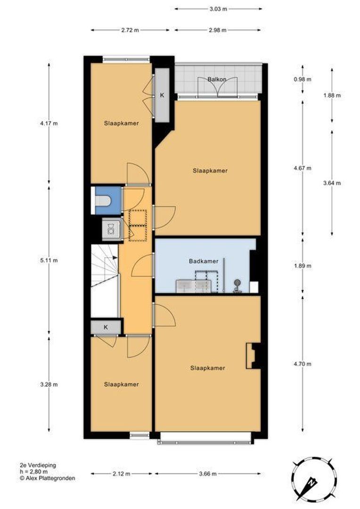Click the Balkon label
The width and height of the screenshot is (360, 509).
click(217, 79)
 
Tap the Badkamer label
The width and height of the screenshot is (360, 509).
click(204, 261)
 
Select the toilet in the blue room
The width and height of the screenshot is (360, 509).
click(103, 201)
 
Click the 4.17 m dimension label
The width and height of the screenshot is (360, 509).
click(49, 123)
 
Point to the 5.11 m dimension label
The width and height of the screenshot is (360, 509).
click(49, 260)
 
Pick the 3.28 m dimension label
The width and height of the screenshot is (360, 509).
click(49, 385)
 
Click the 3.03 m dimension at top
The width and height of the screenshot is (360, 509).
click(218, 9)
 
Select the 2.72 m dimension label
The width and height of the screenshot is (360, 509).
click(130, 30)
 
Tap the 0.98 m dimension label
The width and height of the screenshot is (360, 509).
click(303, 79)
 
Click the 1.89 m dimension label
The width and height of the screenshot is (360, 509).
click(303, 266)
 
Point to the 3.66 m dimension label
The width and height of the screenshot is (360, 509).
click(207, 474)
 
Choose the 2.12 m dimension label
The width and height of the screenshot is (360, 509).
click(121, 474)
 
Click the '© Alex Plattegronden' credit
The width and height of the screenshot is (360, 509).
click(48, 478)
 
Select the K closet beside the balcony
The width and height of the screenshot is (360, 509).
click(162, 95)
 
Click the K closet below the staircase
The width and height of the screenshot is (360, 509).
click(106, 327)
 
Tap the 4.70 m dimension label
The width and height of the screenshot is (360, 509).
click(303, 364)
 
